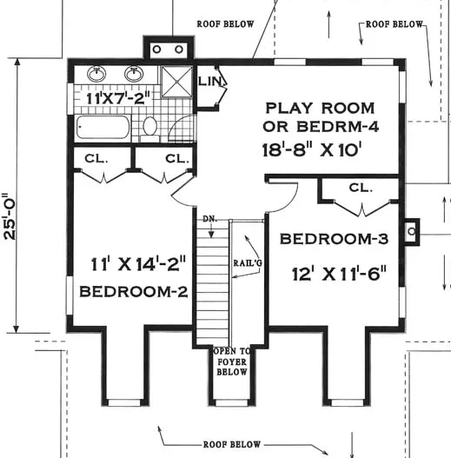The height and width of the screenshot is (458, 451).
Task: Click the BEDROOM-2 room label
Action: [x=134, y=291]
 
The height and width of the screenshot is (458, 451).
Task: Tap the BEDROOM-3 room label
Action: [x=335, y=239]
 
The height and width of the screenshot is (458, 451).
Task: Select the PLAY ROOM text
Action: [x=320, y=108]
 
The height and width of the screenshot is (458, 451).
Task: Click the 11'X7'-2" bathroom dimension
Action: [x=119, y=98]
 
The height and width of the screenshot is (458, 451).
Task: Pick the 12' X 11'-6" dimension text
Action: [x=340, y=274]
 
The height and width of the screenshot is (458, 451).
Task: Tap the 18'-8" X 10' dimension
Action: [x=310, y=150]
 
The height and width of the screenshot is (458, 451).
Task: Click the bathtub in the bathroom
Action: [x=103, y=127]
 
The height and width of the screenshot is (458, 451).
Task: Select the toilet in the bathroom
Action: [x=149, y=129]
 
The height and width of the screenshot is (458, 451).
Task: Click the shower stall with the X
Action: [x=177, y=82]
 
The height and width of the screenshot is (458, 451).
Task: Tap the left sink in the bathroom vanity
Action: [x=96, y=73]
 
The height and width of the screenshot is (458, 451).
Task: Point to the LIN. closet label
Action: [x=210, y=81]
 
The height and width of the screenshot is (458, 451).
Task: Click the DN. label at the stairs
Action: [x=210, y=219]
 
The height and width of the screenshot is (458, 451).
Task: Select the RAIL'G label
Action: [x=248, y=263]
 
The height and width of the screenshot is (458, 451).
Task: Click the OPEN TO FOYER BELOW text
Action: [x=232, y=362]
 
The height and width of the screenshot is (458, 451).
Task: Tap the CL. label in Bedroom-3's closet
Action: [x=361, y=188]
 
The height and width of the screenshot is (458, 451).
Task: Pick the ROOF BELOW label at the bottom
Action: [x=232, y=445]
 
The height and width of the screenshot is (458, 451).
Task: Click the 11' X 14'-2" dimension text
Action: [x=138, y=264]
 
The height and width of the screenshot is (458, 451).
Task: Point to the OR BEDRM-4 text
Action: [x=321, y=127]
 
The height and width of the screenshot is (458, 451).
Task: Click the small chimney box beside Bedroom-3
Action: [x=412, y=232]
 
